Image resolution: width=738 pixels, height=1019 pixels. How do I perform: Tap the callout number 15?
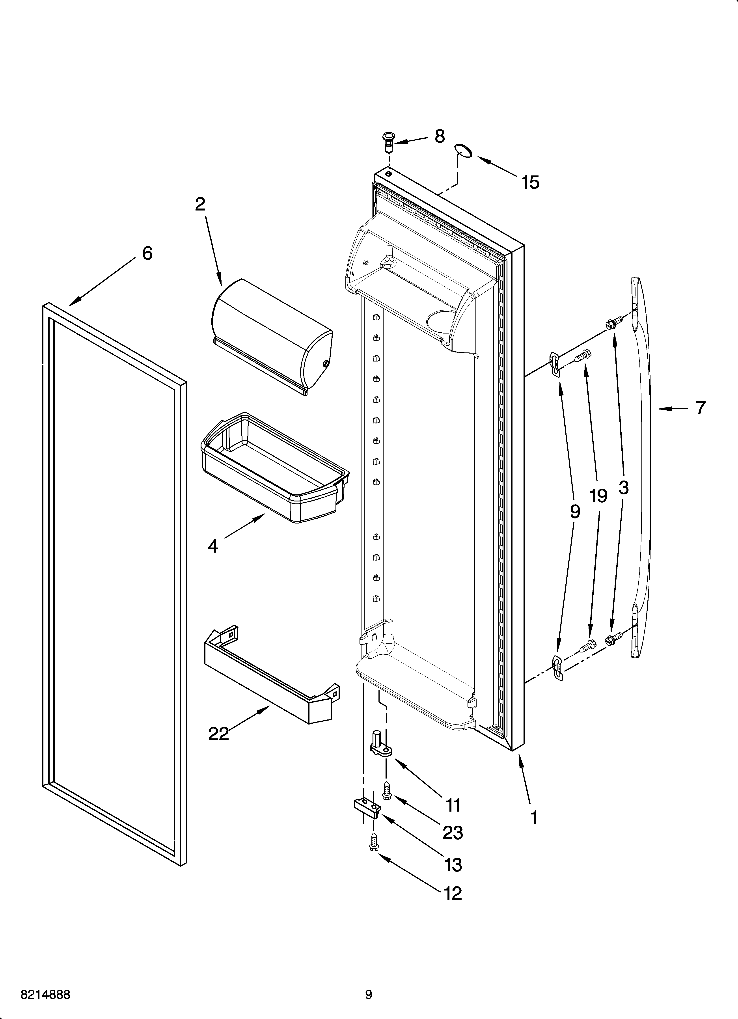click(530, 183)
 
